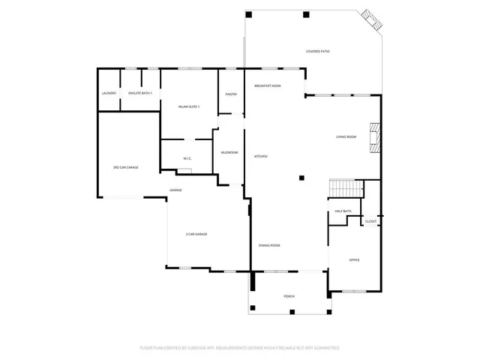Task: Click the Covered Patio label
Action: pyautogui.click(x=318, y=52)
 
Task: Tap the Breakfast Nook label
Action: pyautogui.click(x=268, y=86)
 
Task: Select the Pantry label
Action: pyautogui.click(x=231, y=94)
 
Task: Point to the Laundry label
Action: pyautogui.click(x=109, y=93)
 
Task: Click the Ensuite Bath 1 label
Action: pyautogui.click(x=140, y=93)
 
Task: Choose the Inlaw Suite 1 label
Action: pyautogui.click(x=187, y=107)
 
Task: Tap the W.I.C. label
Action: pyautogui.click(x=187, y=158)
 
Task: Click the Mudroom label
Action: pyautogui.click(x=229, y=152)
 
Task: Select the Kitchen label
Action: pyautogui.click(x=261, y=156)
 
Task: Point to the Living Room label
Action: pyautogui.click(x=346, y=136)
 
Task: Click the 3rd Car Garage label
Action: pyautogui.click(x=125, y=167)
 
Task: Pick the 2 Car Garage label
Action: pyautogui.click(x=196, y=235)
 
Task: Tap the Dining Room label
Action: pyautogui.click(x=269, y=246)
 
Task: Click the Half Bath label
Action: pyautogui.click(x=343, y=211)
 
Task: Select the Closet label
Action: pyautogui.click(x=370, y=222)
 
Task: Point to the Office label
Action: pyautogui.click(x=355, y=260)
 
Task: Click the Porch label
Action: pyautogui.click(x=289, y=296)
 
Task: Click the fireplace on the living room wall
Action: pyautogui.click(x=378, y=137)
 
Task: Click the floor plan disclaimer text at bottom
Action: pyautogui.click(x=240, y=348)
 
